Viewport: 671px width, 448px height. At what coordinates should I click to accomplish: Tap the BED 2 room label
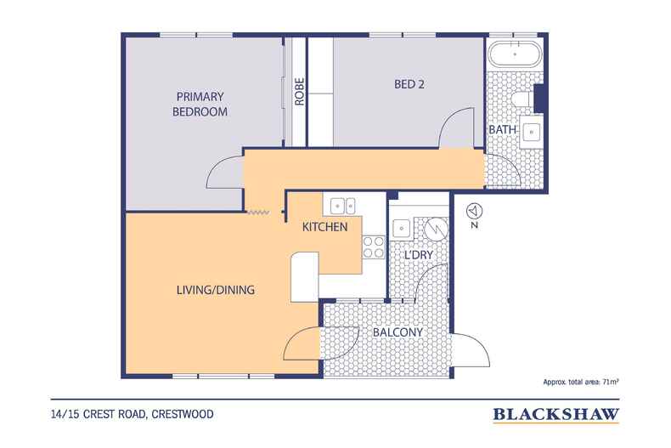tap(411, 84)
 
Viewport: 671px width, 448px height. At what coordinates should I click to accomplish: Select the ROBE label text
tap(300, 91)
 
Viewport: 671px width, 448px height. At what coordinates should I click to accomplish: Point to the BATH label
tap(500, 129)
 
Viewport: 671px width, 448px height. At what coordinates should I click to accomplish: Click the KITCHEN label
tap(325, 227)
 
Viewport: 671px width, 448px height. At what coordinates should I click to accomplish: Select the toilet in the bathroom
tap(527, 100)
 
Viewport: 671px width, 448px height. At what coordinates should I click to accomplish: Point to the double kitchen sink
tap(342, 204)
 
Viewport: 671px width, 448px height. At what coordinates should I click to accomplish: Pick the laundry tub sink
tap(402, 229)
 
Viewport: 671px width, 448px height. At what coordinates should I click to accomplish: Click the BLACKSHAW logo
tap(555, 415)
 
